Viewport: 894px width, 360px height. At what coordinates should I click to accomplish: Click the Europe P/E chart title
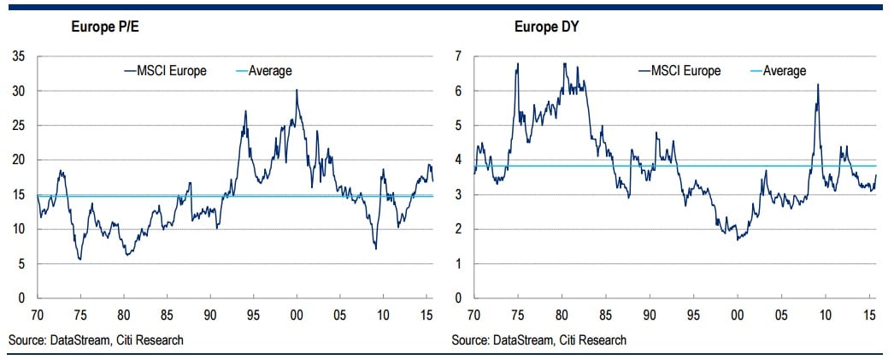104,27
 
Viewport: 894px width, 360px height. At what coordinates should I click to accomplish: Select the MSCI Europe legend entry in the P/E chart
166,71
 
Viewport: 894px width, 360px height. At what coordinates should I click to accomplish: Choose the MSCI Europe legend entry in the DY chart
680,71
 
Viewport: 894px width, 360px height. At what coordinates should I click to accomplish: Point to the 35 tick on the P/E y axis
19,56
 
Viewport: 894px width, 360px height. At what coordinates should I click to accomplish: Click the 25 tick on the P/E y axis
19,126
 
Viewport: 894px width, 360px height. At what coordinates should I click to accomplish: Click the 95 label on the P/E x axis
254,315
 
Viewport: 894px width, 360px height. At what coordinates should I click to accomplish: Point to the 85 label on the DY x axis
605,315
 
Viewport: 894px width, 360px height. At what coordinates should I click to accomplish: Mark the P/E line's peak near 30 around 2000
297,90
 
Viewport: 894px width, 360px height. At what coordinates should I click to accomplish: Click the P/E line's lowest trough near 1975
80,259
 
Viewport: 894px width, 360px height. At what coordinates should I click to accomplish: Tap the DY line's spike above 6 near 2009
818,84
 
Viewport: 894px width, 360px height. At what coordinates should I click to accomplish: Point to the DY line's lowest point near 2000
737,239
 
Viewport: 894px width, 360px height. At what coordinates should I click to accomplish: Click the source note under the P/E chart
96,340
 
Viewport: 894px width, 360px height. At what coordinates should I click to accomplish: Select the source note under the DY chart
538,340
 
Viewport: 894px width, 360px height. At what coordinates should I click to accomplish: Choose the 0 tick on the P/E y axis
21,298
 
